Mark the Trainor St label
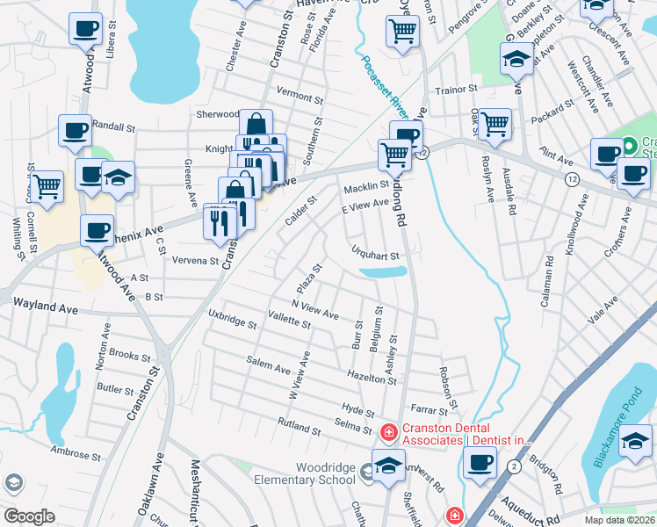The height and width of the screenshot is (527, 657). (x=457, y=89)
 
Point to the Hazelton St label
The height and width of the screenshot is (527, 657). (x=372, y=378)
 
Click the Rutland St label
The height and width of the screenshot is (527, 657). (x=299, y=429)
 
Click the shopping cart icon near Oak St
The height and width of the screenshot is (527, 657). (x=495, y=123)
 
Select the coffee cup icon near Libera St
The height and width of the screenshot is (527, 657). (x=85, y=29)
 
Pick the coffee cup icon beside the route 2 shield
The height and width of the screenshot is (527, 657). (x=480, y=462)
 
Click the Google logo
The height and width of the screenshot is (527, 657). (x=29, y=516)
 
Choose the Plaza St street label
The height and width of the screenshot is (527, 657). (x=307, y=282)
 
